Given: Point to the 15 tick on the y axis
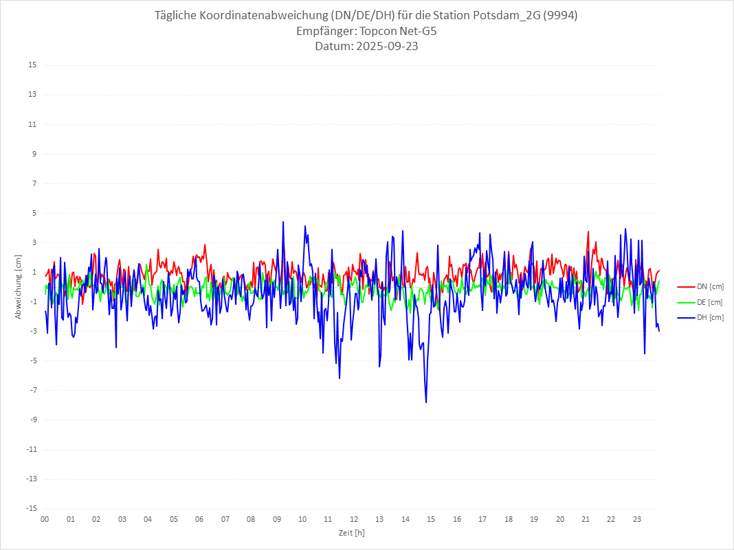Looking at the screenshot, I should [x=32, y=65].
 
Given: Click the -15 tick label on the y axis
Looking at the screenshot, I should [x=31, y=508].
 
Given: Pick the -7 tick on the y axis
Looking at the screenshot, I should [x=32, y=390].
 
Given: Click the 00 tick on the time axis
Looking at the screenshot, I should [x=45, y=519].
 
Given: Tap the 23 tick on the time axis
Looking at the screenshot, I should [x=637, y=519].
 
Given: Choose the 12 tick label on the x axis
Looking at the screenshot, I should [x=354, y=519].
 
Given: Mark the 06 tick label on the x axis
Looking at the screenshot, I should [x=199, y=519].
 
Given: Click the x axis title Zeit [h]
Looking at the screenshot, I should [x=351, y=533].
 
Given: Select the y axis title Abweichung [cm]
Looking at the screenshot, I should [x=19, y=286].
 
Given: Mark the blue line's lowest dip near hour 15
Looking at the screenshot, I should [x=426, y=402].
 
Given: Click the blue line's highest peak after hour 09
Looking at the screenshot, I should [x=282, y=222].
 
